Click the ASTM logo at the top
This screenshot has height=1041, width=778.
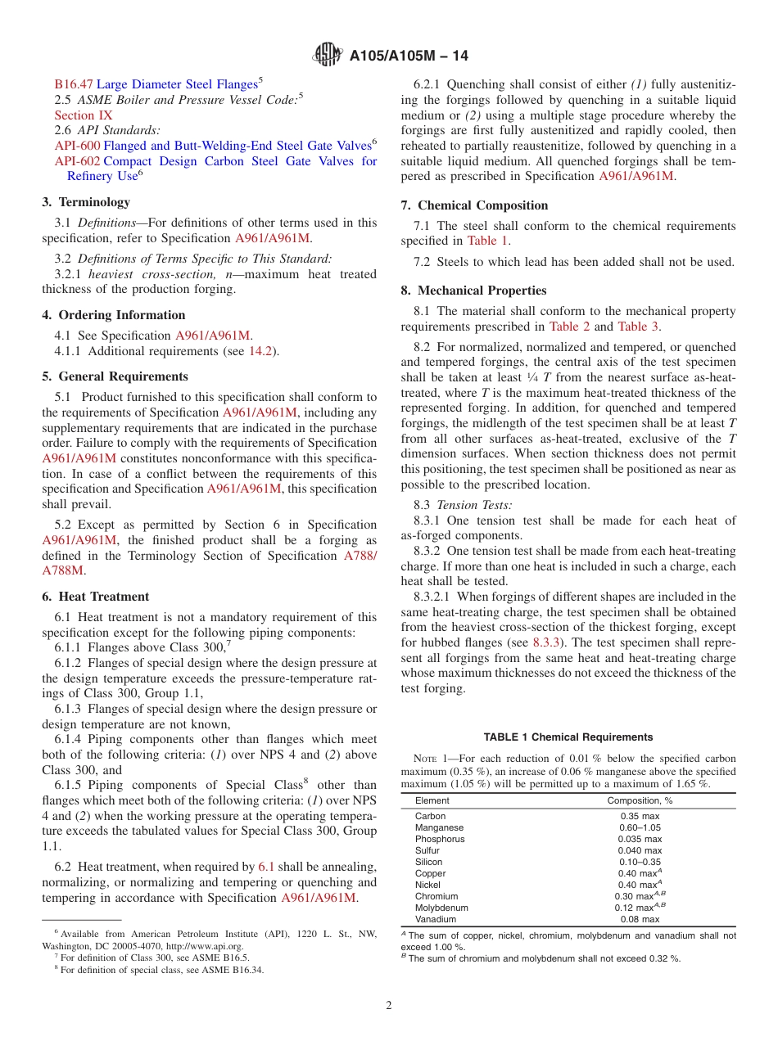click(x=329, y=56)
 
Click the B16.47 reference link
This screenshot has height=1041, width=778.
click(x=74, y=83)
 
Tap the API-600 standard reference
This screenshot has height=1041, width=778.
click(x=77, y=146)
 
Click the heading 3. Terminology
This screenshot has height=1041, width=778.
click(x=86, y=202)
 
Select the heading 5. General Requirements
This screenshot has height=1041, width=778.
click(x=115, y=376)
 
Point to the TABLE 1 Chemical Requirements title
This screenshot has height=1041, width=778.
click(x=568, y=737)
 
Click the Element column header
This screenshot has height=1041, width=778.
click(x=432, y=800)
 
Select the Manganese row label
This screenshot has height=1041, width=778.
click(x=439, y=827)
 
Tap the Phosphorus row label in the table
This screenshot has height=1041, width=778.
click(x=440, y=839)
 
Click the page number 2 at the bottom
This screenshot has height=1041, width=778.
click(x=389, y=1006)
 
